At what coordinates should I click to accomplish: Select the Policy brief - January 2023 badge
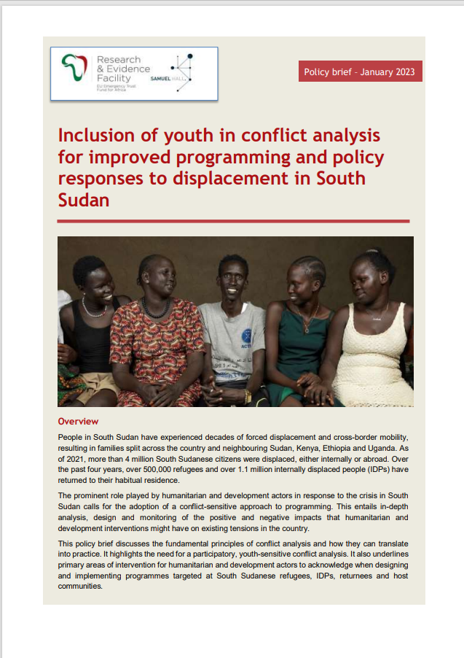(x=361, y=71)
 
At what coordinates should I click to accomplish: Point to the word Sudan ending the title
(x=83, y=199)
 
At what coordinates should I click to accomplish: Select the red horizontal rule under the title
(x=233, y=221)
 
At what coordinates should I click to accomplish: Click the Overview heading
(x=78, y=422)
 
